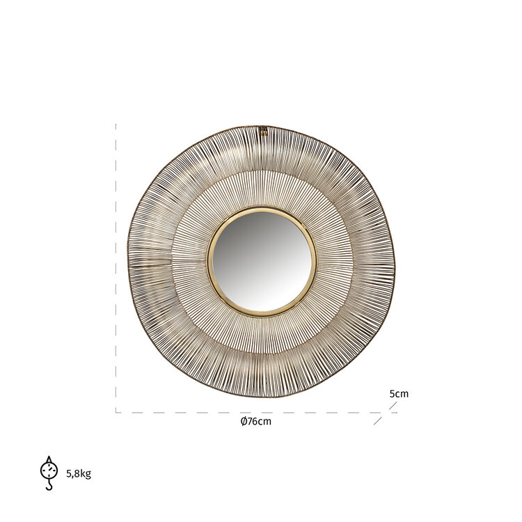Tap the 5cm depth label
399,393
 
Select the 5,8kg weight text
79,474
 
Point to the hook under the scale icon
49,485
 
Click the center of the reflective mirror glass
262,260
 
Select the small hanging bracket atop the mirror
263,129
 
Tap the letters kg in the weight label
85,475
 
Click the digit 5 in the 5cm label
392,393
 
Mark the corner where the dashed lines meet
116,412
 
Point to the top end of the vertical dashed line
116,125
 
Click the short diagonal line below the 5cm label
393,406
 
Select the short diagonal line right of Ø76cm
378,420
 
